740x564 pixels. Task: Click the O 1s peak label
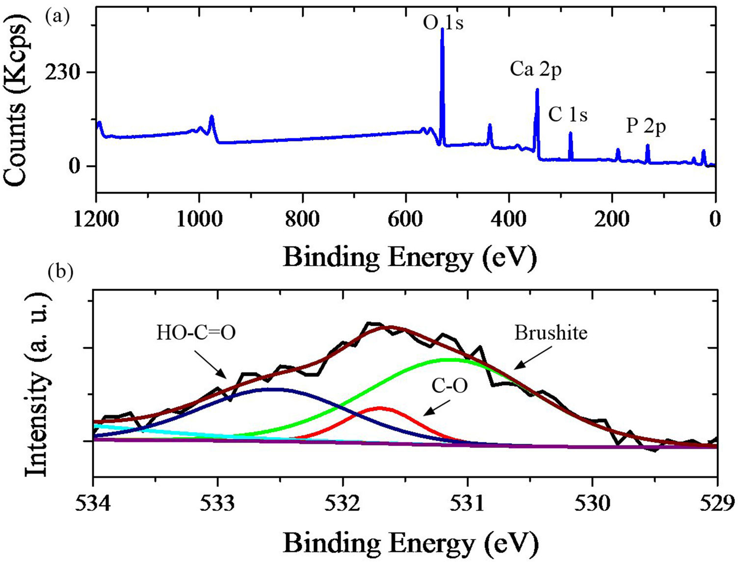[x=443, y=23]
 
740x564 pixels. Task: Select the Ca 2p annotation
[x=535, y=69]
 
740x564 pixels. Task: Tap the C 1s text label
[x=568, y=114]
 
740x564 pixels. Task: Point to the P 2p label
[x=646, y=126]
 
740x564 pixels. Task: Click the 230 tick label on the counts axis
[x=62, y=73]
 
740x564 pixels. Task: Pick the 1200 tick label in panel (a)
[x=96, y=219]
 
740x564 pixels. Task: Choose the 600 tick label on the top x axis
[x=406, y=219]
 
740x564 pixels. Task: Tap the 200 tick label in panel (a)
[x=612, y=219]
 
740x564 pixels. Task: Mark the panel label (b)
[x=60, y=272]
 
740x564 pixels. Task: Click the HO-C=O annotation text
[x=196, y=333]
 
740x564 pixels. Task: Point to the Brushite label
[x=551, y=333]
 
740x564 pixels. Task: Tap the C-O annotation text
[x=449, y=386]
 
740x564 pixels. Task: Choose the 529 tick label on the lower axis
[x=717, y=504]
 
